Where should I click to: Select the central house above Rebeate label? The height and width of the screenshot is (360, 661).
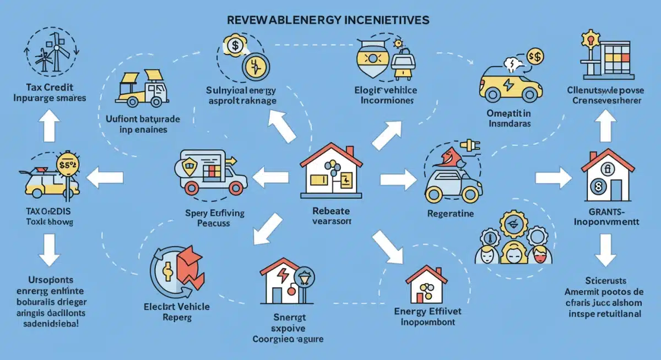(331, 171)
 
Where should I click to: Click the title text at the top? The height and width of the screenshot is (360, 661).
(328, 19)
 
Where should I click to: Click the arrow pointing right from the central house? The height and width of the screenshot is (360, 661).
(395, 179)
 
